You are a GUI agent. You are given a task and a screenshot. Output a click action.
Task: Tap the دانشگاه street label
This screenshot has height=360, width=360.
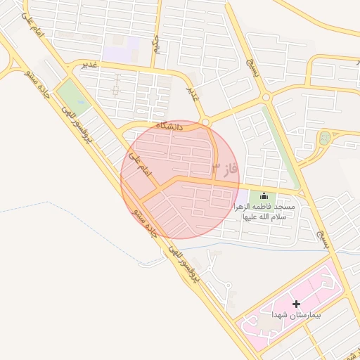click(x=169, y=127)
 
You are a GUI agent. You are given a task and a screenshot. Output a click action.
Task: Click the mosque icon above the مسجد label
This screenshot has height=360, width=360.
click(x=264, y=195)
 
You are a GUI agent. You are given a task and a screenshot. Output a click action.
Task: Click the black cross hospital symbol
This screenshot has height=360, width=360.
click(x=296, y=304)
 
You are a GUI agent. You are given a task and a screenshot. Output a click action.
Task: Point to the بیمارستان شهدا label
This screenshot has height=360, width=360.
click(x=296, y=316)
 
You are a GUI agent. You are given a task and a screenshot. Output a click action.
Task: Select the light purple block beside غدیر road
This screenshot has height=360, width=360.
click(x=120, y=52)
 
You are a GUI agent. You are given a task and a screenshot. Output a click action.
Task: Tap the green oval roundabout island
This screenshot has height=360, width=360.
click(x=323, y=138)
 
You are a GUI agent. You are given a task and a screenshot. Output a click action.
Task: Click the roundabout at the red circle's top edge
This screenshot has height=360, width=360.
click(x=205, y=122)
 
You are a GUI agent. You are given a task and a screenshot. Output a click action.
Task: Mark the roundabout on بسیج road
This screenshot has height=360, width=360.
click(x=266, y=98)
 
